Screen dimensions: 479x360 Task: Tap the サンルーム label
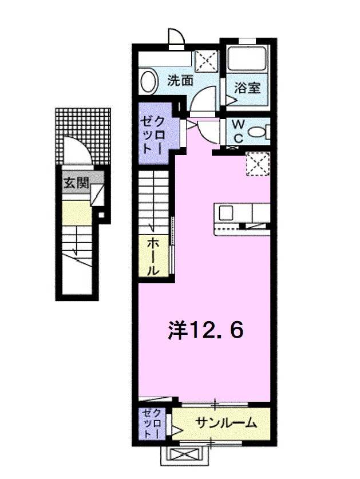(226, 424)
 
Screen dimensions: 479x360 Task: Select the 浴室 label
(247, 88)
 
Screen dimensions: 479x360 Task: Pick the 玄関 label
(76, 184)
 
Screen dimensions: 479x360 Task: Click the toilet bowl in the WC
(259, 132)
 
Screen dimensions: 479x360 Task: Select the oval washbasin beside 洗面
(148, 81)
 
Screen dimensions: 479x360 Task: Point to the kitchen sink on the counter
(226, 213)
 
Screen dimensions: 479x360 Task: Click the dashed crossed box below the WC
(257, 163)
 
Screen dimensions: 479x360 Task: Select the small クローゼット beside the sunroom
(154, 424)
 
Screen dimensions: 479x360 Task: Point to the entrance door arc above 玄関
(76, 152)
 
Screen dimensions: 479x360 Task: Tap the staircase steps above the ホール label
(154, 203)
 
